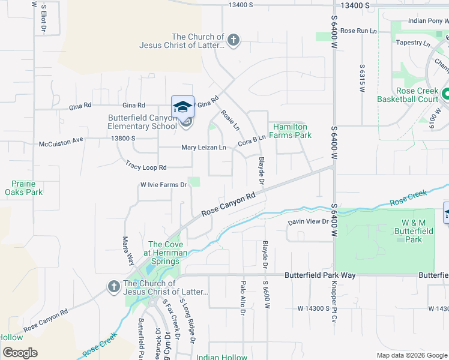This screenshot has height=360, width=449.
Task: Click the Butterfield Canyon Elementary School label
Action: coord(142,122)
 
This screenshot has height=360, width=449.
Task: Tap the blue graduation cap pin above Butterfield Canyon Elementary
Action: coord(182,107)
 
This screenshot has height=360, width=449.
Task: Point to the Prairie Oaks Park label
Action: coord(23,188)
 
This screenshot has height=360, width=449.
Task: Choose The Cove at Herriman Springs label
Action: coord(164,253)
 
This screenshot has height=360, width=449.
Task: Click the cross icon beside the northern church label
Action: coord(234,41)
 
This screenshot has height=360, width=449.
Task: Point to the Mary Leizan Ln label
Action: coord(203,148)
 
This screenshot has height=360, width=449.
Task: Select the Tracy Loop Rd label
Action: coord(145,164)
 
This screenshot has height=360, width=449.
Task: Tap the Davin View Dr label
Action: coord(308,221)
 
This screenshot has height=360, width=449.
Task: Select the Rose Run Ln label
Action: coord(358,31)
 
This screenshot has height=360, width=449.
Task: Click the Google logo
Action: coord(20,353)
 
